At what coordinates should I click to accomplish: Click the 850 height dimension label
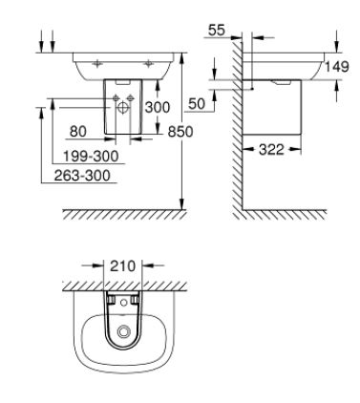pos(180,131)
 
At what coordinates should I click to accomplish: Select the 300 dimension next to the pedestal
pos(158,107)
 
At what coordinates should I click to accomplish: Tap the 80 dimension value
pos(78,131)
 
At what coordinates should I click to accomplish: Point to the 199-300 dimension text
pos(91,157)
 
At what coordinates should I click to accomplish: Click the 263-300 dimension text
pos(82,176)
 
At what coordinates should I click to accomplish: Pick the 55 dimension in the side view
pos(217,31)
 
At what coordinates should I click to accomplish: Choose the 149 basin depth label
pos(337,67)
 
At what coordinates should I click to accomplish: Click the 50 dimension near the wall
pos(197,104)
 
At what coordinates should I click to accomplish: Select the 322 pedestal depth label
pos(271,149)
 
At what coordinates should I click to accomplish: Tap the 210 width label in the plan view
pos(123,265)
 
